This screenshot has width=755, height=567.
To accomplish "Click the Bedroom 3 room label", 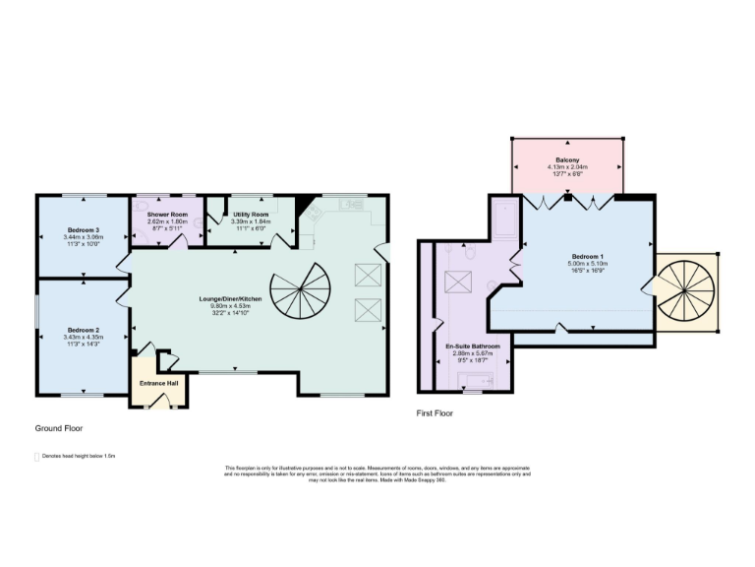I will tap(83, 229).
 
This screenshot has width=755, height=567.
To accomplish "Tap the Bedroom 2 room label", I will tap(83, 330).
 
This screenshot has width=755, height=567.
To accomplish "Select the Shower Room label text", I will tap(167, 214).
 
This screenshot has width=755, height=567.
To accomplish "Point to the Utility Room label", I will tap(251, 214).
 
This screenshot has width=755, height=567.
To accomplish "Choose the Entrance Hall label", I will tap(158, 383).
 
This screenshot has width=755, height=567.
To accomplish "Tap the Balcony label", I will tap(567, 159).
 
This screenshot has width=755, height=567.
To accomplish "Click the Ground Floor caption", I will tap(59, 428).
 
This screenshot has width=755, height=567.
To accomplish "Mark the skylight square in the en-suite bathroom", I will tap(459, 283).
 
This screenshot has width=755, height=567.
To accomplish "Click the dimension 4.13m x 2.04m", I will tap(567, 167).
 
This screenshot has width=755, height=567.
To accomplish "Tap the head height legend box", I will tap(36, 457).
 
